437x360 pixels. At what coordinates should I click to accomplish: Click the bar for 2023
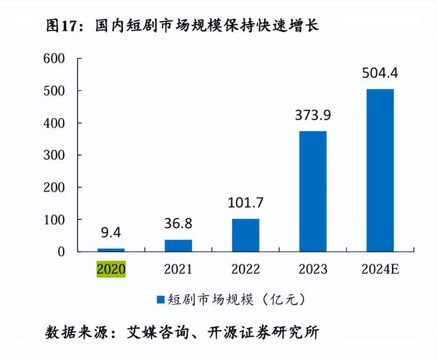point(313,191)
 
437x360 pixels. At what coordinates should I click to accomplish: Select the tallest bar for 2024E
point(380,170)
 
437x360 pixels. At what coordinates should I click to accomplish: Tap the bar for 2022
point(246,235)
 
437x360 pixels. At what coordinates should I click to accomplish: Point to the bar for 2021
point(178,245)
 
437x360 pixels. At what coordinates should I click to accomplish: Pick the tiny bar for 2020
point(111,249)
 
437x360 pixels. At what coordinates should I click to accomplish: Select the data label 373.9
point(313,115)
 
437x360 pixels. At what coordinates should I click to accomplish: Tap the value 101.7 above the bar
point(246,203)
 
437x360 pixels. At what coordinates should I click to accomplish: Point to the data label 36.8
point(178,223)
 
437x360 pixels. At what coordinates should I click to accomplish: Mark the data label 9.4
point(111,232)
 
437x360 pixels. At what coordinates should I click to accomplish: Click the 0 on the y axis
point(61,251)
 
